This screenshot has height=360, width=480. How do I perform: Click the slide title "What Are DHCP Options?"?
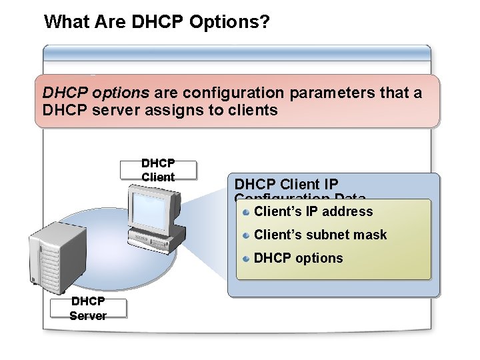tap(157, 23)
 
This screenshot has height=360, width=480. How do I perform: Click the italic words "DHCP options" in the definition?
tap(95, 93)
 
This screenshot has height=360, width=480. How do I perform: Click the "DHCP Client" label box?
tap(158, 171)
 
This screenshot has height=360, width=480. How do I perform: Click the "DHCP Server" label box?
tap(88, 309)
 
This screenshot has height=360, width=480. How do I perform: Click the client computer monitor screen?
tap(153, 207)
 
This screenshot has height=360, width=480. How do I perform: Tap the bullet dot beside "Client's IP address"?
tap(246, 212)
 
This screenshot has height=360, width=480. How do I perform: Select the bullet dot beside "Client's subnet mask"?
tap(246, 235)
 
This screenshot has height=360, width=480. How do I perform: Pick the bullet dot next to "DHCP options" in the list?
tap(246, 258)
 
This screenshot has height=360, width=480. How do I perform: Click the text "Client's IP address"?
tap(313, 212)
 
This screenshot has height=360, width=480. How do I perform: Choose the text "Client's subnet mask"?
tap(320, 235)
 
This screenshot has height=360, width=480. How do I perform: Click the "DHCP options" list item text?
tap(298, 258)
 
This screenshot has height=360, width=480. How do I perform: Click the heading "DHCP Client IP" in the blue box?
tap(286, 184)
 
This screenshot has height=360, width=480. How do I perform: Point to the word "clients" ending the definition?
tap(253, 110)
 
